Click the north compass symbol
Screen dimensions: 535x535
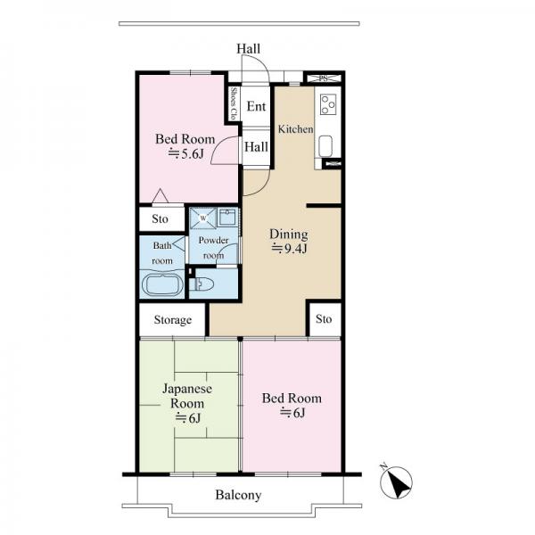(396, 481)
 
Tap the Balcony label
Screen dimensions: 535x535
(238, 495)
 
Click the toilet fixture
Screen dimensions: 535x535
(202, 284)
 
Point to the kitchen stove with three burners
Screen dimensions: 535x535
(328, 104)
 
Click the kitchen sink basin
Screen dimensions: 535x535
(325, 146)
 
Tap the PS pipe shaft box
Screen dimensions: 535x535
(324, 78)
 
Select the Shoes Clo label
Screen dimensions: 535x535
(234, 103)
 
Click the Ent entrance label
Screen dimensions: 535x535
(256, 106)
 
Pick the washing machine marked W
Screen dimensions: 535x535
(203, 218)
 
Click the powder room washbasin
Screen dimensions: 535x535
(226, 217)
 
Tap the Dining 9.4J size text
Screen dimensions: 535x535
(289, 249)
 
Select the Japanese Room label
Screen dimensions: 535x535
(187, 396)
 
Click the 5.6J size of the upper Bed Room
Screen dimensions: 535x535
(185, 154)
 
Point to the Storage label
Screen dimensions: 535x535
(173, 320)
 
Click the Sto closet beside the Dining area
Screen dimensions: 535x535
(324, 319)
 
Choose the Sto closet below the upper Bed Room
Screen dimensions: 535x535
(160, 218)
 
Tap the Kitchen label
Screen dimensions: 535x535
(295, 129)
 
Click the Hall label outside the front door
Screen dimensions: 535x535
(249, 49)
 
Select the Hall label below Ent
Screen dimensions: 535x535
(256, 147)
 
